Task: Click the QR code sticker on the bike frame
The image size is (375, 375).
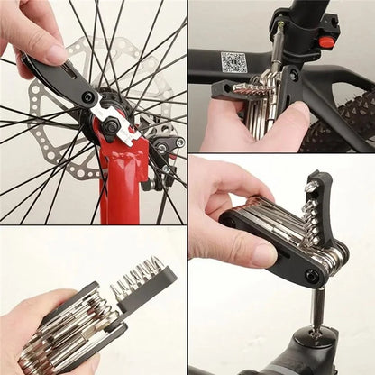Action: click(234, 62)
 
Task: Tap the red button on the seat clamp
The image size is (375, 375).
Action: click(326, 42)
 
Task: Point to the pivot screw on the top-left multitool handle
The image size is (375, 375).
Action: click(88, 96)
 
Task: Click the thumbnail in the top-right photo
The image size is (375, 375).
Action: click(294, 115)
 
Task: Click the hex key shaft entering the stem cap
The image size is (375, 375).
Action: click(316, 306)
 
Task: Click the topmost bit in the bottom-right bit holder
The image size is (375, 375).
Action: click(310, 187)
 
